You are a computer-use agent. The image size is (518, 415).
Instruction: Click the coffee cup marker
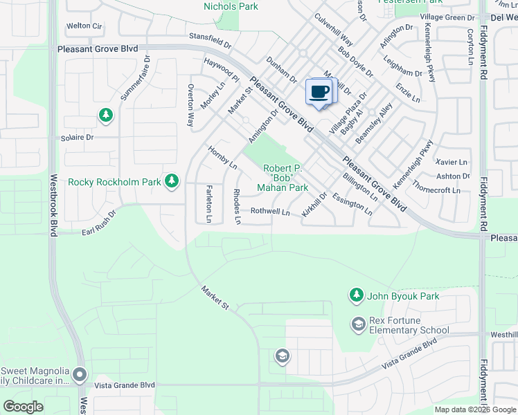pyautogui.click(x=319, y=93)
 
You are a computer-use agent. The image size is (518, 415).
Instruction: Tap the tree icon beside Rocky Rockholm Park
pyautogui.click(x=172, y=182)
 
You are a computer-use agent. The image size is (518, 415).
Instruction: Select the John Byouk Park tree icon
pyautogui.click(x=356, y=296)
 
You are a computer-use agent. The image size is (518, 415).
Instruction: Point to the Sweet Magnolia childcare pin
pyautogui.click(x=80, y=376)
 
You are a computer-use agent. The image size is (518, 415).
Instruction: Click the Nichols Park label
pyautogui.click(x=231, y=7)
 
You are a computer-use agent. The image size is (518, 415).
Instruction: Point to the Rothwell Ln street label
pyautogui.click(x=270, y=212)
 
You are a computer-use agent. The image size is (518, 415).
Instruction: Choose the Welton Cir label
pyautogui.click(x=84, y=26)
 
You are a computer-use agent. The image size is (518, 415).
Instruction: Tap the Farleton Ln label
pyautogui.click(x=208, y=204)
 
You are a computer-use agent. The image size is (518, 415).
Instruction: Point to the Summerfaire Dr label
pyautogui.click(x=135, y=79)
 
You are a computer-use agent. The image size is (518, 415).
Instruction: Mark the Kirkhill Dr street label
pyautogui.click(x=314, y=207)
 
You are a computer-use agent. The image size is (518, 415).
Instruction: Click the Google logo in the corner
pyautogui.click(x=24, y=407)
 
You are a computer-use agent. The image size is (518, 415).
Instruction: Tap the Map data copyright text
pyautogui.click(x=474, y=409)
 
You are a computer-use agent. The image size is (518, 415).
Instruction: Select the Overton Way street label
pyautogui.click(x=190, y=104)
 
